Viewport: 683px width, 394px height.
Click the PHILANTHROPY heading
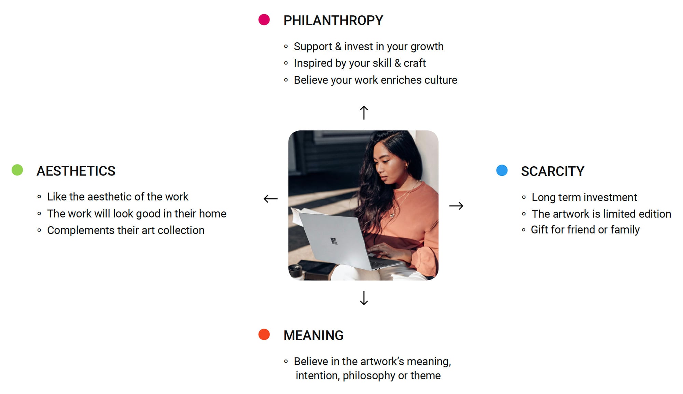[x=333, y=20]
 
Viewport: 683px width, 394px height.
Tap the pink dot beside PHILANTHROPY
[x=264, y=19]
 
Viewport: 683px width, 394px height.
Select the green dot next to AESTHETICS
[x=17, y=170]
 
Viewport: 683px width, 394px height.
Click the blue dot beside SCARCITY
[x=502, y=170]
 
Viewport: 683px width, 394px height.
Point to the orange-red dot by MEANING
[x=264, y=334]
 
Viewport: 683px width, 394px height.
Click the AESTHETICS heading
[x=76, y=171]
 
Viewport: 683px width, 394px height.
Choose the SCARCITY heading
[x=553, y=171]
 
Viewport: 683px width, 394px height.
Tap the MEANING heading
[x=313, y=335]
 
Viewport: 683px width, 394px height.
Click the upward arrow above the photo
[x=364, y=112]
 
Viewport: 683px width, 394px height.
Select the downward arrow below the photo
[x=364, y=298]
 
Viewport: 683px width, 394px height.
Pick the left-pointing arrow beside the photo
[x=270, y=199]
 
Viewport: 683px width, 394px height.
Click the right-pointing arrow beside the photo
[x=456, y=206]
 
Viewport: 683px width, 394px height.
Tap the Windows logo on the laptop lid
[x=334, y=241]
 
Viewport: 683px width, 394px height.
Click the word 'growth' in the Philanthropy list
[x=427, y=47]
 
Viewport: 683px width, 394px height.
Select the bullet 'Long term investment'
[x=584, y=197]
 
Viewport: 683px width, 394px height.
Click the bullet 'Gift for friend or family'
[x=585, y=230]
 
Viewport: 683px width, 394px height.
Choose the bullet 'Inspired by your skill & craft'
[x=360, y=63]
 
